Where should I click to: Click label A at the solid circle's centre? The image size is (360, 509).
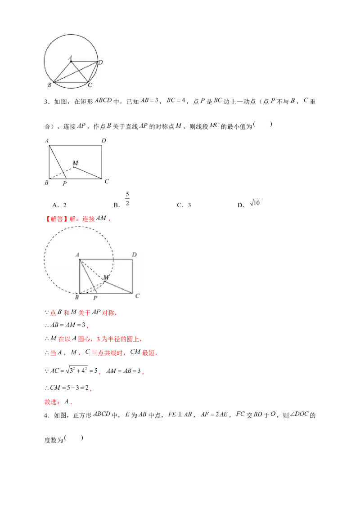(x=70, y=57)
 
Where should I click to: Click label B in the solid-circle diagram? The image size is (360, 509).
(x=49, y=85)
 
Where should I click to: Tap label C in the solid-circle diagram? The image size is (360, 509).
(x=90, y=85)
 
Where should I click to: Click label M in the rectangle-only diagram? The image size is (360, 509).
(x=75, y=163)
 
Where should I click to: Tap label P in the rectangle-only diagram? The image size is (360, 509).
(x=64, y=183)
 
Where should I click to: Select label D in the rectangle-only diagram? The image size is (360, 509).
(x=103, y=141)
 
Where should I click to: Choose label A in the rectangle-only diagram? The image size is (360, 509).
(x=47, y=141)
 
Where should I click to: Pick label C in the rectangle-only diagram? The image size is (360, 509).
(x=107, y=181)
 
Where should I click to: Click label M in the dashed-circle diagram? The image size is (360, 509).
(x=106, y=277)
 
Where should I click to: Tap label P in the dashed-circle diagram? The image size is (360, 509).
(x=95, y=298)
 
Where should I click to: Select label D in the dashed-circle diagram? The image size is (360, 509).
(x=134, y=255)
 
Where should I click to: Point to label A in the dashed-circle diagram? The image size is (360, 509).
(x=77, y=255)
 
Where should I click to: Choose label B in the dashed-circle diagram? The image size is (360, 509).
(x=77, y=297)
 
